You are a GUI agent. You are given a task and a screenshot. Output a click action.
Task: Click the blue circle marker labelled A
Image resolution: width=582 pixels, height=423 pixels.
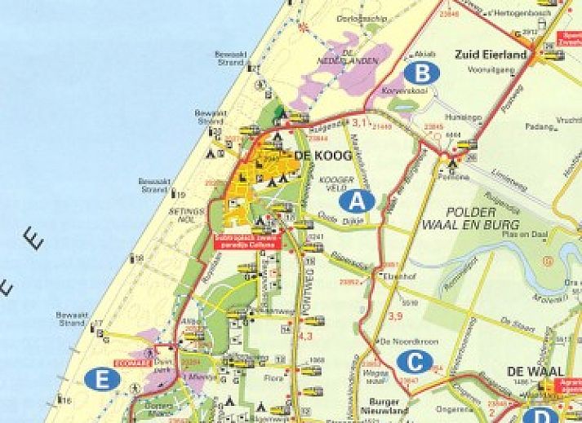358,201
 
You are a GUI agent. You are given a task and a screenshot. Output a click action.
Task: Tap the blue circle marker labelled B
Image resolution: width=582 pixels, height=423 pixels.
422,73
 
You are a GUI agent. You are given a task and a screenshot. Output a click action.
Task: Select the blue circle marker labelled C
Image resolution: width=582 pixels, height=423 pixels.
415,362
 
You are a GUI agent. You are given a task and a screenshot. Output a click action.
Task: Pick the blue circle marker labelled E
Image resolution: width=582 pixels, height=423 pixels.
102,379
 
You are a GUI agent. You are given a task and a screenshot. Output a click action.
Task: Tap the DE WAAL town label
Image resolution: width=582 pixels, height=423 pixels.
536,371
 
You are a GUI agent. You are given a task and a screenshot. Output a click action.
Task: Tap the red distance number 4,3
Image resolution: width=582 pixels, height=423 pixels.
307,336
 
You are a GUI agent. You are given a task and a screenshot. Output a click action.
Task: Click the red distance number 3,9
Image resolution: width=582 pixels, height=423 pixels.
397,315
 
